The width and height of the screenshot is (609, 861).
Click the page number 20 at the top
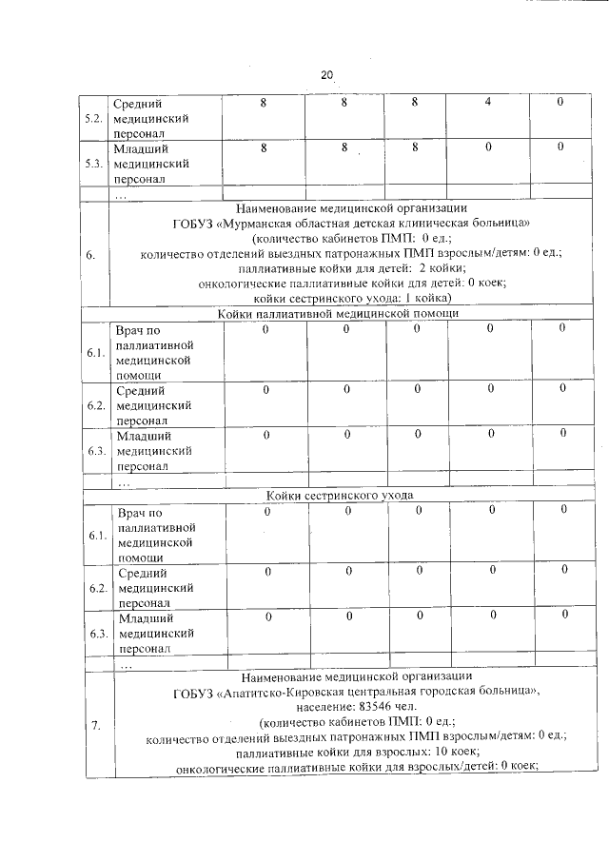point(327,75)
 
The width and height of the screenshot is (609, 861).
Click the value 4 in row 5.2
point(487,103)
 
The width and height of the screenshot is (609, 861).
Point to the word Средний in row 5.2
point(138,104)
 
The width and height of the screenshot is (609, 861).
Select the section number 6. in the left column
point(90,254)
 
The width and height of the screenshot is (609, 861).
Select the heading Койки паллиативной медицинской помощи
point(338,313)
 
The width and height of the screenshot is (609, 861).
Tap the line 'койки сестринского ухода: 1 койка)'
point(351,298)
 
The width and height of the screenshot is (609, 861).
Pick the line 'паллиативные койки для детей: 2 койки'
point(351,267)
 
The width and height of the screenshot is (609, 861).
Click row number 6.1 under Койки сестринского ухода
point(96,536)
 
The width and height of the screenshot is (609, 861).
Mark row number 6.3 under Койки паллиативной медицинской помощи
point(96,451)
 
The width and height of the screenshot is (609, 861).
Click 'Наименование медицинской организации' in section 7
point(357,678)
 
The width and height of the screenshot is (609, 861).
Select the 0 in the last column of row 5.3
point(560,147)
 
